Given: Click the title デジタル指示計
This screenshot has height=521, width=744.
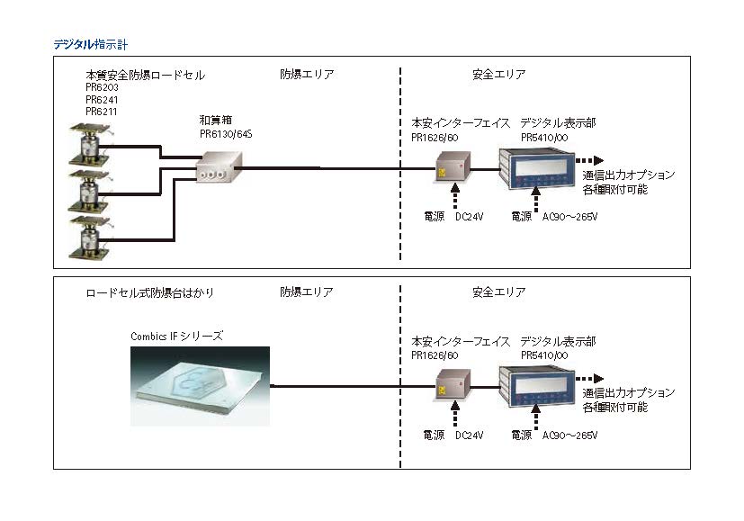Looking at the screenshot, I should coord(94,43).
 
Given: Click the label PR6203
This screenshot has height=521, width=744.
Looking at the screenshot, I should coord(102,88).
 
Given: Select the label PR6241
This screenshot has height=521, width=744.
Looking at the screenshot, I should coord(102,100).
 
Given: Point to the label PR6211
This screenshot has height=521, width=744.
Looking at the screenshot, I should coord(102,112).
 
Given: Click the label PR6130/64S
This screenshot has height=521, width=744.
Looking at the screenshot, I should coord(227,131).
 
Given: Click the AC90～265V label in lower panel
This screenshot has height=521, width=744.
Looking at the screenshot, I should coord(570,436).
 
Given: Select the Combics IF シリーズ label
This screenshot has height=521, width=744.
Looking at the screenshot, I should coord(176,336).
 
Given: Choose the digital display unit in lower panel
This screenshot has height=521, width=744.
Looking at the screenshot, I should coord(536,386).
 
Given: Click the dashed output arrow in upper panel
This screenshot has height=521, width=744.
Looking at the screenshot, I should coord(590,159).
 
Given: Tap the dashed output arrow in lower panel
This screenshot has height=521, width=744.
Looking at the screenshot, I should coord(590,378).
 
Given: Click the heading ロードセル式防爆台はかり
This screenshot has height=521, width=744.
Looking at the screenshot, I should coord(149,292).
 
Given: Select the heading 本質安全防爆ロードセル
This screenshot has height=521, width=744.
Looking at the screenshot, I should coord(145,75).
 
